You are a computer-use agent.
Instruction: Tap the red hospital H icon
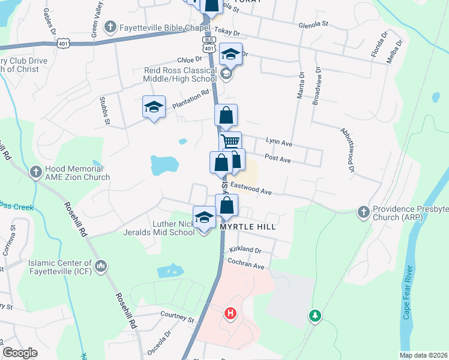pyautogui.click(x=229, y=313)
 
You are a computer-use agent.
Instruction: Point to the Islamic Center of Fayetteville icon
pyautogui.click(x=100, y=265)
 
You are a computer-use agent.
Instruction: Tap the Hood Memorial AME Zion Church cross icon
pyautogui.click(x=37, y=170)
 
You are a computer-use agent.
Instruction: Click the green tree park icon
pyautogui.click(x=314, y=315)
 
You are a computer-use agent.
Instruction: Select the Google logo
pyautogui.click(x=20, y=353)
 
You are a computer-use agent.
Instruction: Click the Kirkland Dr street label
pyautogui.click(x=246, y=250)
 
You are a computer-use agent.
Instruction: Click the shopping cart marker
pyautogui.click(x=231, y=142)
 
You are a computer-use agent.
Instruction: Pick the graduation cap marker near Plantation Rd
pyautogui.click(x=154, y=107)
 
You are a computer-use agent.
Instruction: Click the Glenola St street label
pyautogui.click(x=315, y=25)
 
